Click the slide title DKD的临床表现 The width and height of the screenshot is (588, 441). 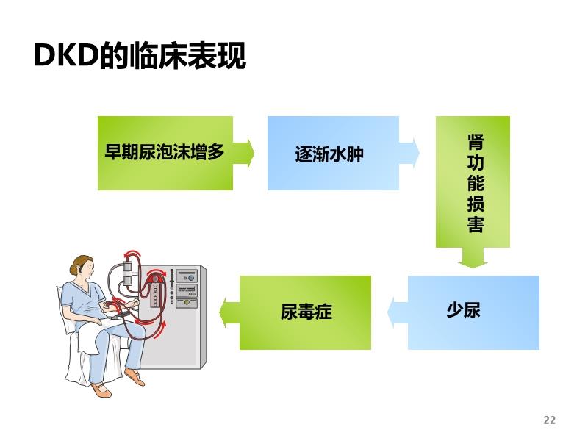[140, 56]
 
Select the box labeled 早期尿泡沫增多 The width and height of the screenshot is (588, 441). [165, 153]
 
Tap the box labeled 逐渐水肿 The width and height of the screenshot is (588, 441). [333, 153]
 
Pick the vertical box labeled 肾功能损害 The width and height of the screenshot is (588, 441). [473, 182]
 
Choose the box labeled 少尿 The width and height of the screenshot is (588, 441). [473, 313]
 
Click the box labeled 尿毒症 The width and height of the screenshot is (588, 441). [305, 313]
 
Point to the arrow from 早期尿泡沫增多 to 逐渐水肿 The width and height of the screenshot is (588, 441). [244, 153]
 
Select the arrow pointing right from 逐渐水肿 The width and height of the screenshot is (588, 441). [409, 153]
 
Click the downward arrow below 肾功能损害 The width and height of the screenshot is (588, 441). [473, 258]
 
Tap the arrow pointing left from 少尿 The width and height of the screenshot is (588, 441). [398, 313]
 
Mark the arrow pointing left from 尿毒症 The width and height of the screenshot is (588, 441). [229, 313]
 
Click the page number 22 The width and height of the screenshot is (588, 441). [549, 420]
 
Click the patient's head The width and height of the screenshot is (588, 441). [82, 268]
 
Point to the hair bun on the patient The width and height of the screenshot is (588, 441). [73, 269]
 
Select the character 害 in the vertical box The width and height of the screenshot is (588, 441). [476, 224]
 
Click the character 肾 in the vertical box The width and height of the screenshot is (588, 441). [476, 142]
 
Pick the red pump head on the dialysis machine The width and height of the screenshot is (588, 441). [154, 279]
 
